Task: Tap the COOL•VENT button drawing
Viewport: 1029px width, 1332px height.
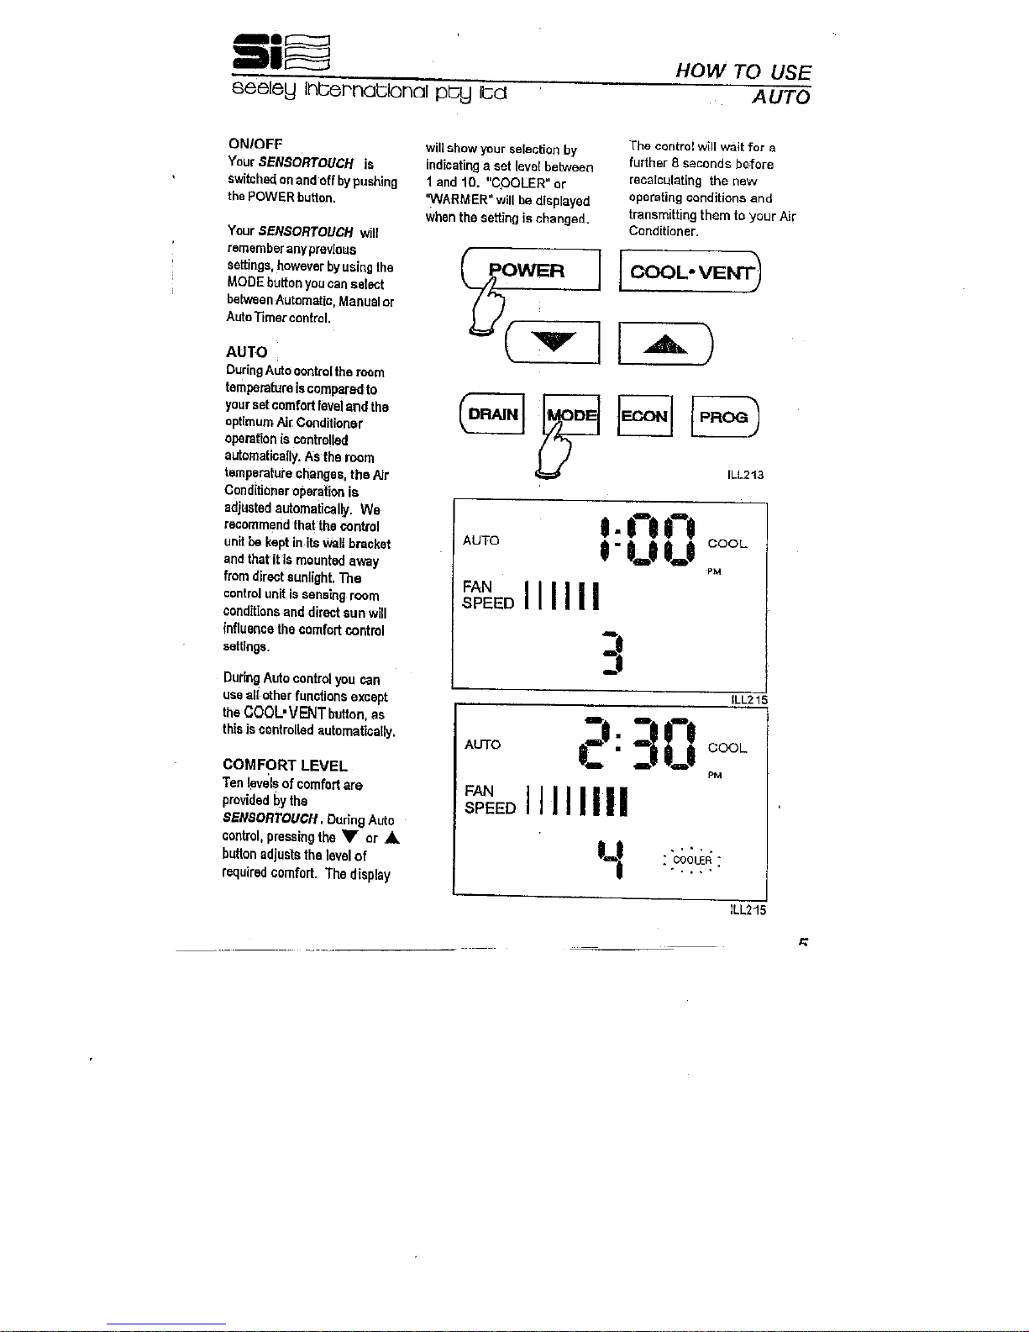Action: [x=690, y=271]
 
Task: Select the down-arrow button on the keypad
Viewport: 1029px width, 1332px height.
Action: [x=553, y=342]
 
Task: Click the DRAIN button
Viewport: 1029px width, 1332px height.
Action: [x=492, y=413]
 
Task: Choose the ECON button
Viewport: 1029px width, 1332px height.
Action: [x=645, y=416]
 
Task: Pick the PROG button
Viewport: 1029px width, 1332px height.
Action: [x=725, y=417]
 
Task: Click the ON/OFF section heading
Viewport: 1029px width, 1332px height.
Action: [x=255, y=144]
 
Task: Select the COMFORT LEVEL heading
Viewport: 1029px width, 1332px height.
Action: [x=285, y=765]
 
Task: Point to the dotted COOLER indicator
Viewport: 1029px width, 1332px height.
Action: [x=692, y=860]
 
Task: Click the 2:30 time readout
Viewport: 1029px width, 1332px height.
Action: [x=637, y=743]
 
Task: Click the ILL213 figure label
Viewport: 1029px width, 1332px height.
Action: [x=745, y=475]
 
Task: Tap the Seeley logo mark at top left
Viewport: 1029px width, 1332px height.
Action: [x=281, y=52]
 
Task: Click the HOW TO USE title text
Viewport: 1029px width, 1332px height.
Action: [x=743, y=71]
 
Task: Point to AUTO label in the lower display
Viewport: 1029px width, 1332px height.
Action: [x=483, y=745]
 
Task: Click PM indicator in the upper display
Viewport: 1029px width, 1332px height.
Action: [x=714, y=572]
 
